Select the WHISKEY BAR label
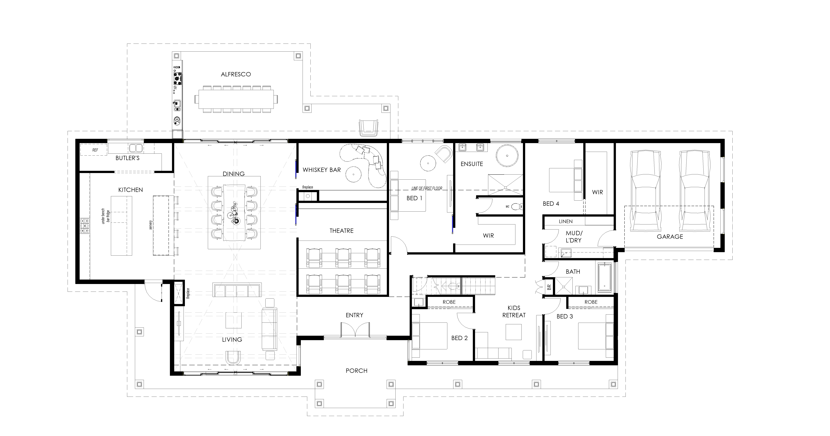coord(322,170)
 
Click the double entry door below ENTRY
coord(355,330)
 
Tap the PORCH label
coord(356,371)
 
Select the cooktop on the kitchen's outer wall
coord(85,225)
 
